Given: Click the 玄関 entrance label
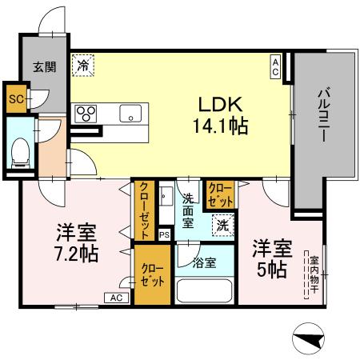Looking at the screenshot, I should click(45, 67).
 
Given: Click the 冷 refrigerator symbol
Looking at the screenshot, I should click(82, 66).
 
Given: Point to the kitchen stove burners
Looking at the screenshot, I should click(86, 114).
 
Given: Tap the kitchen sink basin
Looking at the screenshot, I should click(129, 114).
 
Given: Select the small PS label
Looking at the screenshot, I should click(164, 235).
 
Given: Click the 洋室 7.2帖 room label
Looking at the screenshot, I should click(76, 244).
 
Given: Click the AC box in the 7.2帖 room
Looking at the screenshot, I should click(115, 298).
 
